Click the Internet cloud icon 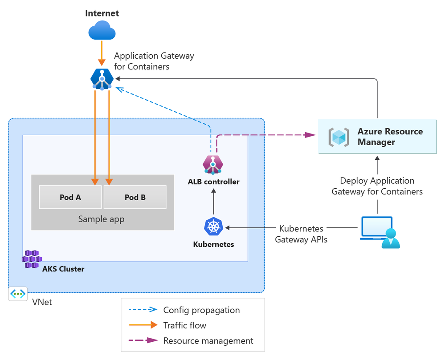pyautogui.click(x=102, y=32)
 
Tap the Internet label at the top pyautogui.click(x=102, y=13)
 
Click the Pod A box pyautogui.click(x=70, y=197)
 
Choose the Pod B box pyautogui.click(x=135, y=197)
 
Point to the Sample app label pyautogui.click(x=102, y=219)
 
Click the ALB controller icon pyautogui.click(x=213, y=164)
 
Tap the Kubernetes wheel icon pyautogui.click(x=213, y=227)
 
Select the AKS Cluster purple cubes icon pyautogui.click(x=32, y=259)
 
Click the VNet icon pyautogui.click(x=18, y=294)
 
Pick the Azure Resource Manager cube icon pyautogui.click(x=339, y=137)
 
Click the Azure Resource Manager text pyautogui.click(x=390, y=137)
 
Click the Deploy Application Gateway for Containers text pyautogui.click(x=377, y=186)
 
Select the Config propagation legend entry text pyautogui.click(x=201, y=310)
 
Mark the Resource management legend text pyautogui.click(x=208, y=341)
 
